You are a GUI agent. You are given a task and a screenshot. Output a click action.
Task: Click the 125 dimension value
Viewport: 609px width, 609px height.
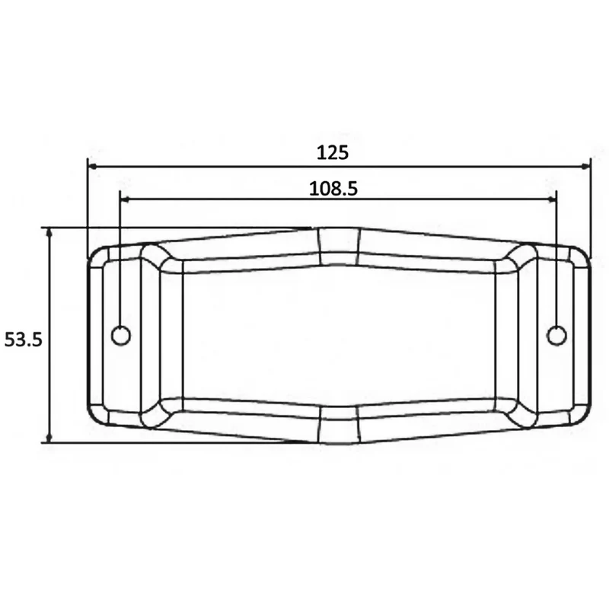333,153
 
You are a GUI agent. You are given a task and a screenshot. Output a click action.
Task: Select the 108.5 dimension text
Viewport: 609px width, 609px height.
333,189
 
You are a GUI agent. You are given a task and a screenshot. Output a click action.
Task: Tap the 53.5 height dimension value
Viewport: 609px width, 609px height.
23,340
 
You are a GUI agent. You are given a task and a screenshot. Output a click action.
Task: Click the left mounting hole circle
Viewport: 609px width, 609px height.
121,336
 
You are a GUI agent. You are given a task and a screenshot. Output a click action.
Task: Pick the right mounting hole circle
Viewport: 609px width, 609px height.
556,336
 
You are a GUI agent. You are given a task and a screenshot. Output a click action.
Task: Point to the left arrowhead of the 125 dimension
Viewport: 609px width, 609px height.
93,166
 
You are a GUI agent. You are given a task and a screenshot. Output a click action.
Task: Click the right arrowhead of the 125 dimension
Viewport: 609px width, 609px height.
585,166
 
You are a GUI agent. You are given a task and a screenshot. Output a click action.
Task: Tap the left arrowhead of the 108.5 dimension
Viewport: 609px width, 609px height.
125,199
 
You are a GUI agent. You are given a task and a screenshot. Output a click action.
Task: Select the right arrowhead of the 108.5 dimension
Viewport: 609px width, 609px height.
551,199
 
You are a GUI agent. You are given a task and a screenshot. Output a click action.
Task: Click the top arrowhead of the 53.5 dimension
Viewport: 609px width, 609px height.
49,232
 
